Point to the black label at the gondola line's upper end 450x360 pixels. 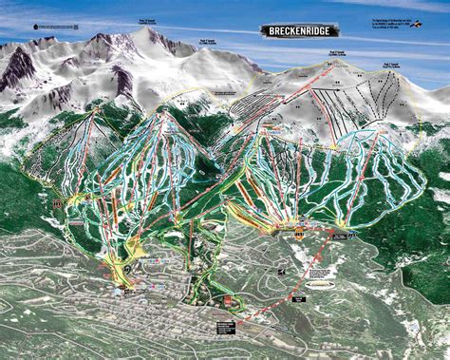(338, 231)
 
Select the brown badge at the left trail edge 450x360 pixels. (59, 202)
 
